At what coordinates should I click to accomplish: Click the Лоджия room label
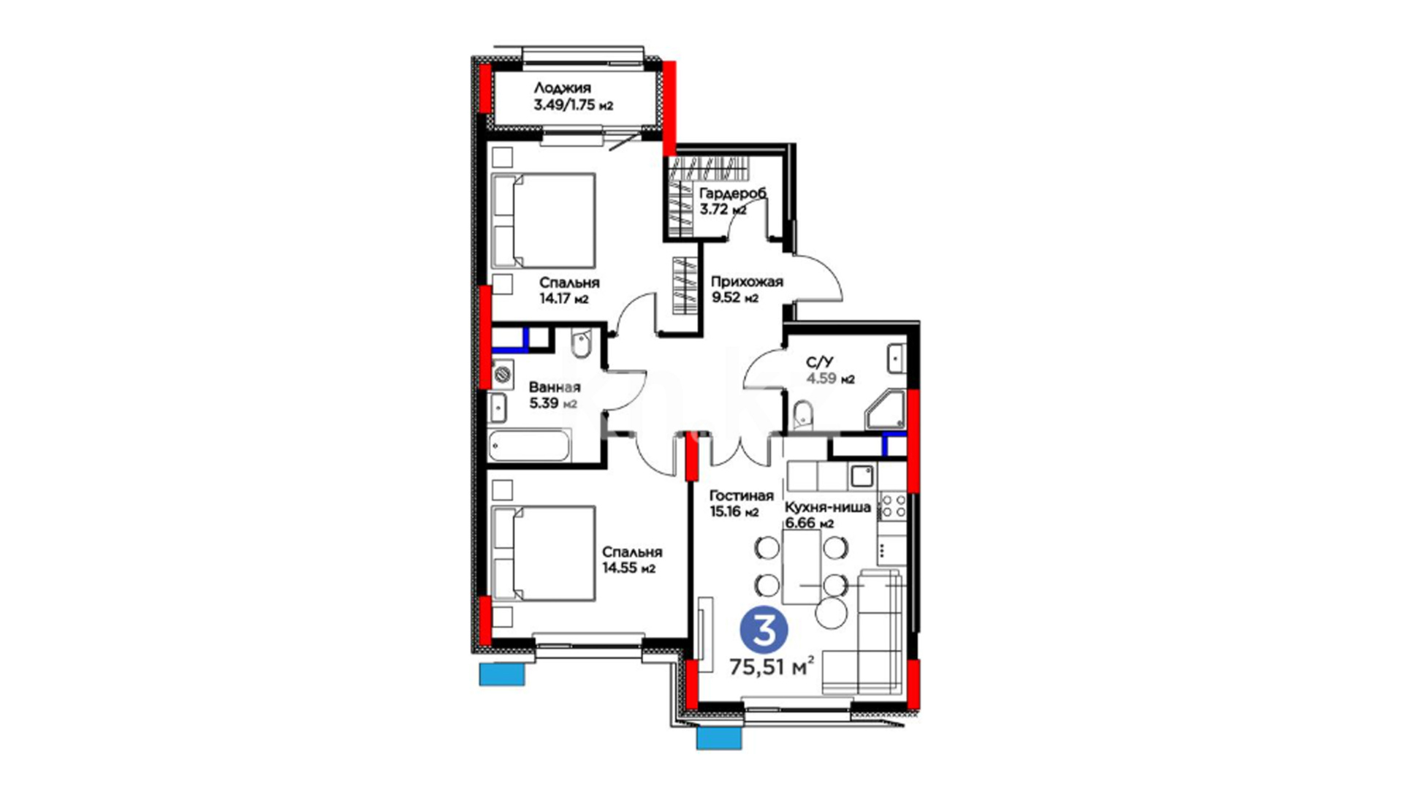coord(562,88)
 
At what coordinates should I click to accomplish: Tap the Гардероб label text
coord(733,194)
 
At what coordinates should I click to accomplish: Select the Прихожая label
coord(747,282)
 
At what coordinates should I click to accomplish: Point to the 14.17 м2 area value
coord(563,299)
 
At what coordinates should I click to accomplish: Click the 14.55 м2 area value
coord(628,568)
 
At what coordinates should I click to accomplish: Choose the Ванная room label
coord(555,387)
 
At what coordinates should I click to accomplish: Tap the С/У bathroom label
coord(820,362)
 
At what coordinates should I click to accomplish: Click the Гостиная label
coord(741,496)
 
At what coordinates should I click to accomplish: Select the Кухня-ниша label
coord(827,508)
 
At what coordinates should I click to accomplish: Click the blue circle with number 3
coord(764,630)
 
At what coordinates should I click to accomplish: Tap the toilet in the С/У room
coord(803,413)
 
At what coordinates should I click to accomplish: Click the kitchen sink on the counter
coord(862,476)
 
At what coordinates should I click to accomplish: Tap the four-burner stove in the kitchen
coord(891,506)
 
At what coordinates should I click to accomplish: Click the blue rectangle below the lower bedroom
coord(502,674)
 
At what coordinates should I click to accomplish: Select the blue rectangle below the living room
coord(719,738)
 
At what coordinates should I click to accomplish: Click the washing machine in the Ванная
coord(502,374)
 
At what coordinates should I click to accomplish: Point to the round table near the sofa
coord(831,613)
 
